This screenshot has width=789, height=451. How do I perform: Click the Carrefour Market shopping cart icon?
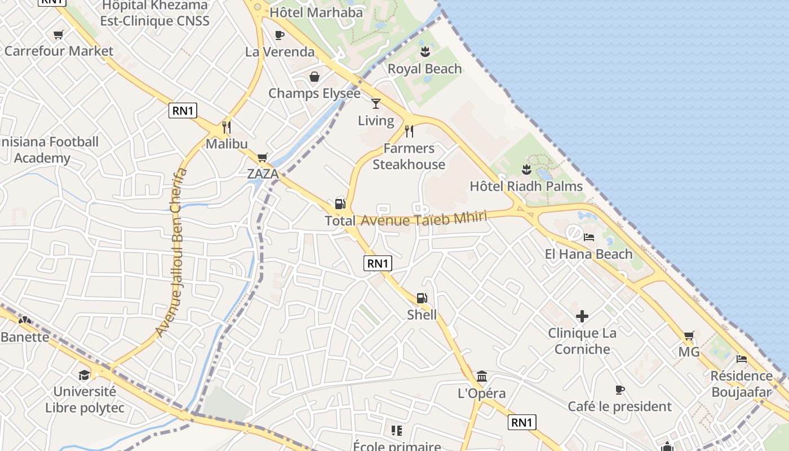(x=58, y=35)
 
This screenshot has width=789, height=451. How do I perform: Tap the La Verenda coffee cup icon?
(x=279, y=35)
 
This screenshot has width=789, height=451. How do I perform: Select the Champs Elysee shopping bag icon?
(x=314, y=77)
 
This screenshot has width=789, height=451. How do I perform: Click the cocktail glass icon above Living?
(x=376, y=103)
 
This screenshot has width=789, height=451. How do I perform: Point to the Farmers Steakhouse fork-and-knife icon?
(x=409, y=131)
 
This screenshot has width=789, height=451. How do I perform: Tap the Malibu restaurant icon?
(x=227, y=127)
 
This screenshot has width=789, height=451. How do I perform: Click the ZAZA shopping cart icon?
(x=262, y=157)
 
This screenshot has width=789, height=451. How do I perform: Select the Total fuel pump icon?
(x=340, y=204)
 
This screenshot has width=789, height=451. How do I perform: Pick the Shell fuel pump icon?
(x=422, y=298)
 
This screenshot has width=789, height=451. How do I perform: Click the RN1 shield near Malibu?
(x=183, y=110)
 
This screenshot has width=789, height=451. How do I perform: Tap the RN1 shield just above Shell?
(x=378, y=263)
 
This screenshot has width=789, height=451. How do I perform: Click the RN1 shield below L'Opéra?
(x=522, y=422)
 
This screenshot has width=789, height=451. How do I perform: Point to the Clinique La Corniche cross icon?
(x=582, y=316)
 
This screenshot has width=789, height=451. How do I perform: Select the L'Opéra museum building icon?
(x=482, y=376)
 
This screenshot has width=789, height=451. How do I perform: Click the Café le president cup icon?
(x=619, y=390)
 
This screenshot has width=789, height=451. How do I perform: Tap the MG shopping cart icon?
(x=689, y=336)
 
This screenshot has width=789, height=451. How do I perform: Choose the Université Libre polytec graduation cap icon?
(x=84, y=375)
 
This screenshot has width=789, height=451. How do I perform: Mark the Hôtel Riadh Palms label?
(x=526, y=186)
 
